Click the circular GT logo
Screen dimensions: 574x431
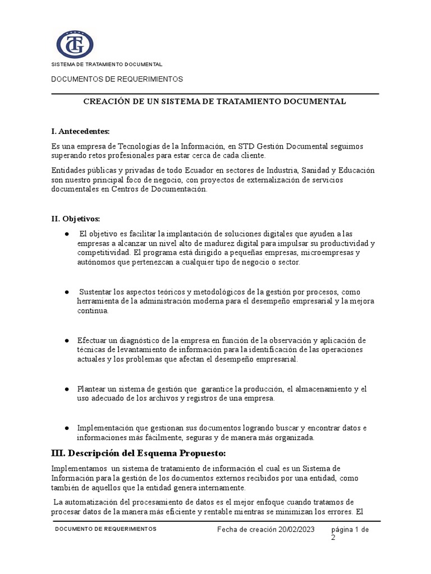tap(75, 44)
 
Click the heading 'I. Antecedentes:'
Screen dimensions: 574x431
tap(80, 131)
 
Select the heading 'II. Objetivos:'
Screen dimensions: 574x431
tap(75, 218)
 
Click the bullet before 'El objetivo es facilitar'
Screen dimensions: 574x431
tap(67, 233)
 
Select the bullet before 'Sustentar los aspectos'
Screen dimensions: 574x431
tap(67, 292)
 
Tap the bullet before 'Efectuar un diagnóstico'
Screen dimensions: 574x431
tap(67, 340)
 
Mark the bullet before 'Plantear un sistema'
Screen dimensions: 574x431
tap(67, 388)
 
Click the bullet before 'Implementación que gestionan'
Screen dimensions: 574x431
tap(67, 428)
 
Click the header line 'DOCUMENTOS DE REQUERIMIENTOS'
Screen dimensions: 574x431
tap(117, 80)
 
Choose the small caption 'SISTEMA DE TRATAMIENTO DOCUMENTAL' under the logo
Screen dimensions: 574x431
tap(107, 64)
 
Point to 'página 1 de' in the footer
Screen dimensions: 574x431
tap(350, 529)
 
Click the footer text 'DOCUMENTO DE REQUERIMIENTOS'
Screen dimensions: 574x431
tap(106, 529)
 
